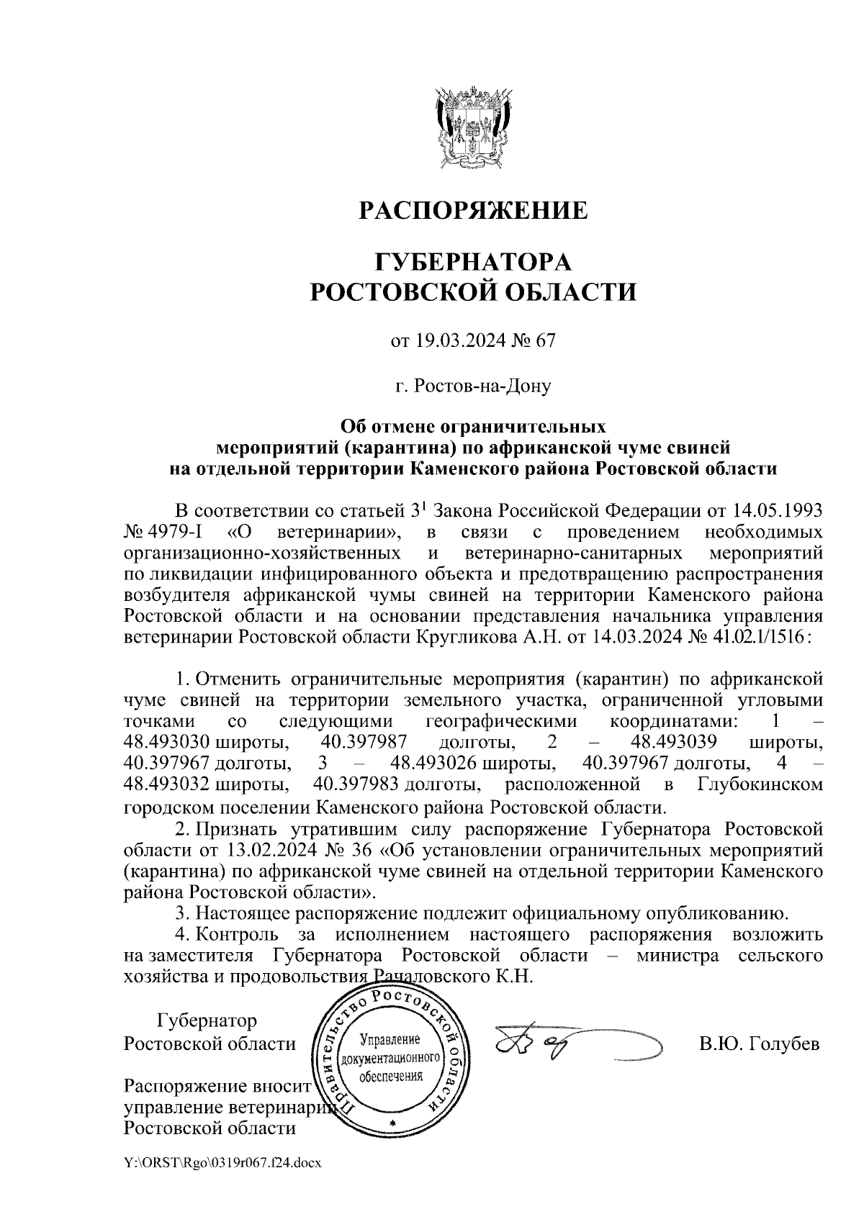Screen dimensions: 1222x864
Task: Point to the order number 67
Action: coord(544,341)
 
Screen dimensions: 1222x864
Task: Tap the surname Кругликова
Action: coord(469,638)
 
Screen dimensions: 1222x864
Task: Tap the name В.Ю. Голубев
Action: coord(759,1044)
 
